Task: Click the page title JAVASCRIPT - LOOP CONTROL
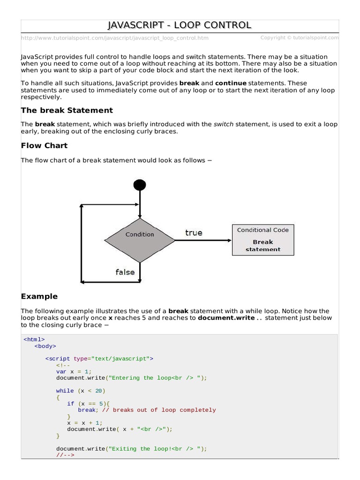180,25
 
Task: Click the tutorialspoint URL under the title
115,38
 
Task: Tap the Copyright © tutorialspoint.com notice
299,37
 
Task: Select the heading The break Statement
67,110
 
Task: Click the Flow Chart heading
44,145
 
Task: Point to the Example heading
39,296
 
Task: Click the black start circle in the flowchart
140,185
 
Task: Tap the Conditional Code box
263,240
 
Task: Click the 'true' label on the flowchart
194,233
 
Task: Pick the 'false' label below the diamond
125,272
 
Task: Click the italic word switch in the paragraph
224,124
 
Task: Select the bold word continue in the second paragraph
231,83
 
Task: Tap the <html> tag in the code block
34,339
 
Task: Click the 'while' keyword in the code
65,391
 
